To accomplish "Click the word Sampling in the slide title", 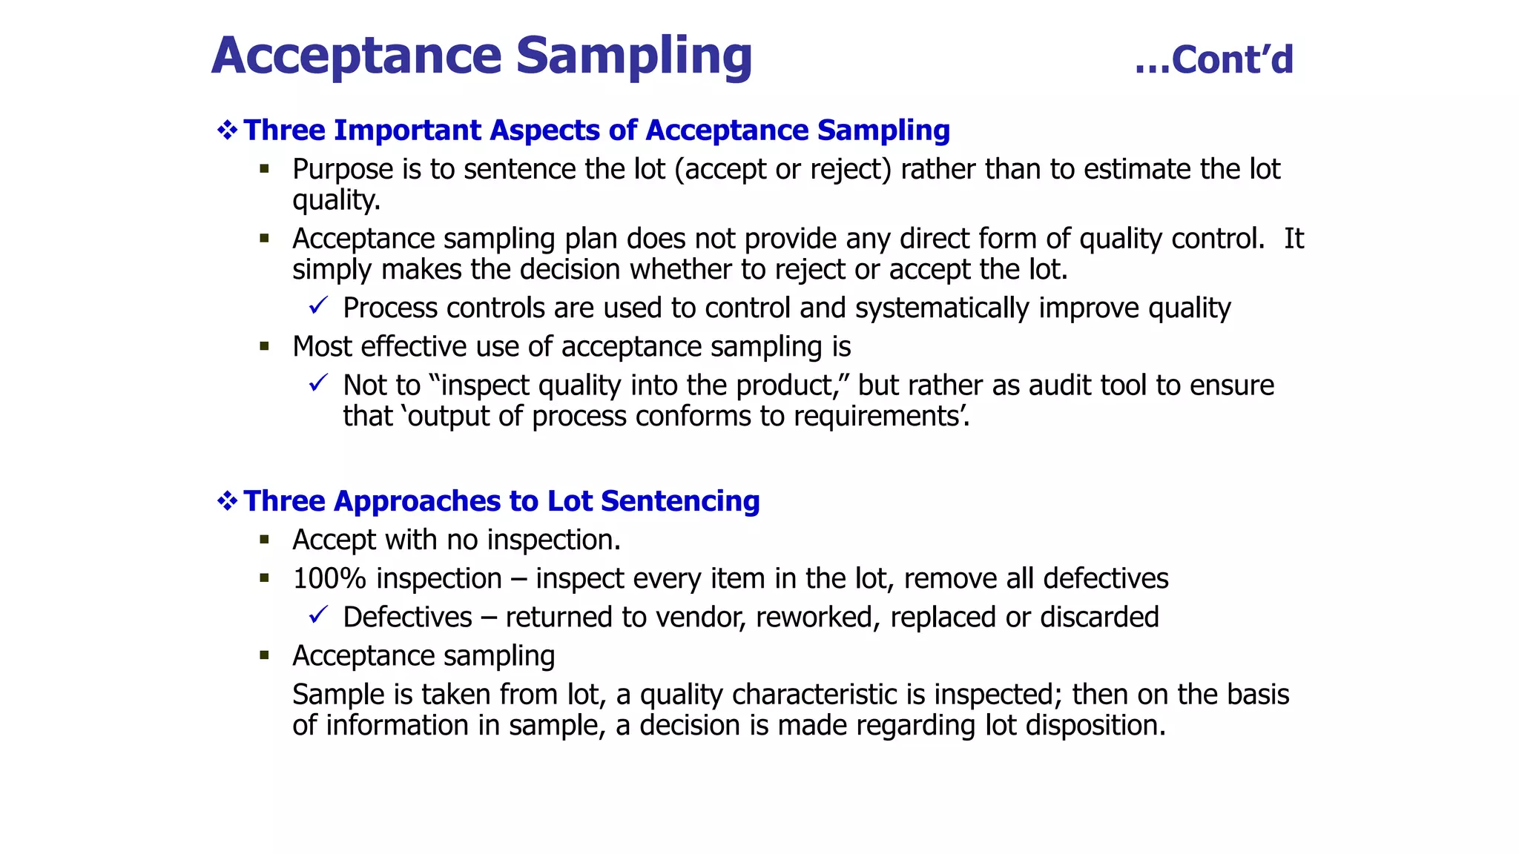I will point(633,56).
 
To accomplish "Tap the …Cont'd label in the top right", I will point(1213,60).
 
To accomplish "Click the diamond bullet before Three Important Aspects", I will point(227,130).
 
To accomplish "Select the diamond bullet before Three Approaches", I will point(227,501).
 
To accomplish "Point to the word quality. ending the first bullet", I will point(336,200).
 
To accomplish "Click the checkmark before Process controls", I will point(318,305).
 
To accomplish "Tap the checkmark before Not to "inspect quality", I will point(318,383).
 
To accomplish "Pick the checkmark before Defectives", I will point(318,615).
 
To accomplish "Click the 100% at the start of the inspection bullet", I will point(329,579).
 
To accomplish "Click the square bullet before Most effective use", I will point(265,346).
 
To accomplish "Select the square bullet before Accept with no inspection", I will point(265,540).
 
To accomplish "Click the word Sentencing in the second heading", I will point(680,501).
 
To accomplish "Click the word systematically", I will point(942,308).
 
